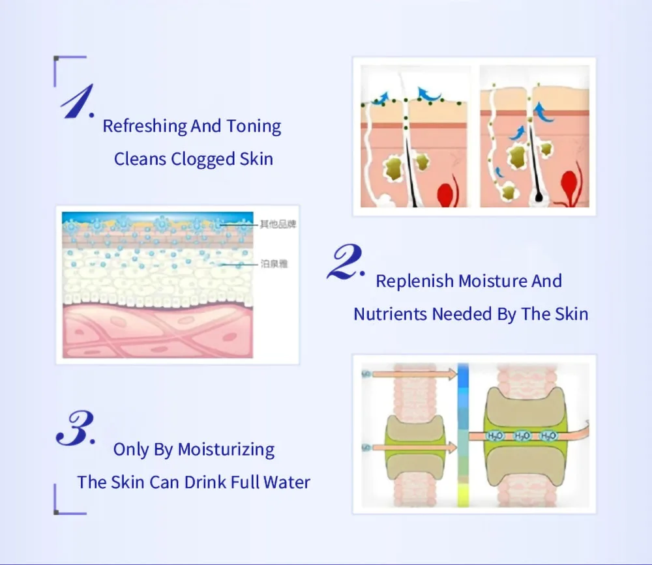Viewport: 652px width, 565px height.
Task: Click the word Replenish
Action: pyautogui.click(x=414, y=282)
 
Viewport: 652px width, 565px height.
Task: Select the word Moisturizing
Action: pyautogui.click(x=226, y=449)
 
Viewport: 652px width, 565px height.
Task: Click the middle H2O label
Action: pyautogui.click(x=522, y=435)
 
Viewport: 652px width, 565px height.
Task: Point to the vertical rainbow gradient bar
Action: pyautogui.click(x=463, y=434)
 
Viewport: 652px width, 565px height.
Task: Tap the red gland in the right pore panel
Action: pyautogui.click(x=569, y=185)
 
